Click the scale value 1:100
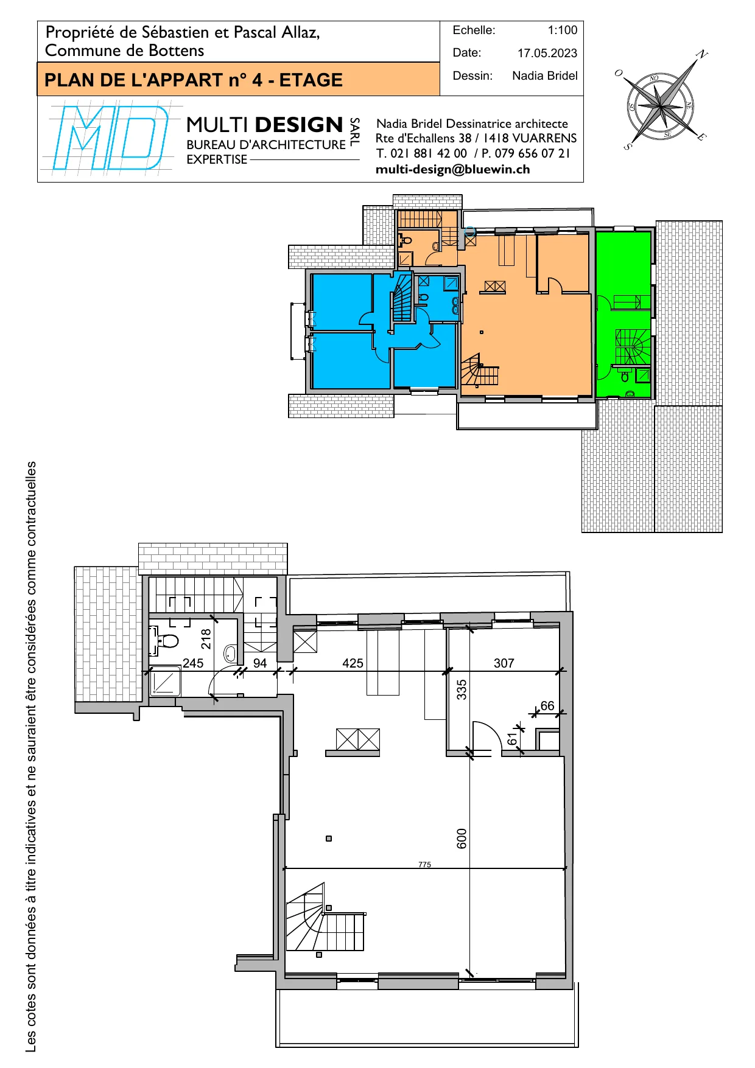click(562, 30)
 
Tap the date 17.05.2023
click(547, 53)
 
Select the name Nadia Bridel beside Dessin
click(545, 75)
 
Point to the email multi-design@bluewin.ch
click(453, 169)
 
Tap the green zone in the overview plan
click(623, 313)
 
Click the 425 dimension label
click(353, 663)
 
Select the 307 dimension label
click(504, 663)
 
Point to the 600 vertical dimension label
click(462, 839)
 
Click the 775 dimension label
click(424, 864)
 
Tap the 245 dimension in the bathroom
click(193, 663)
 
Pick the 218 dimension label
click(206, 639)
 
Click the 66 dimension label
click(547, 705)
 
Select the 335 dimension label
click(462, 689)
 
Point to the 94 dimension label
click(260, 663)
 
